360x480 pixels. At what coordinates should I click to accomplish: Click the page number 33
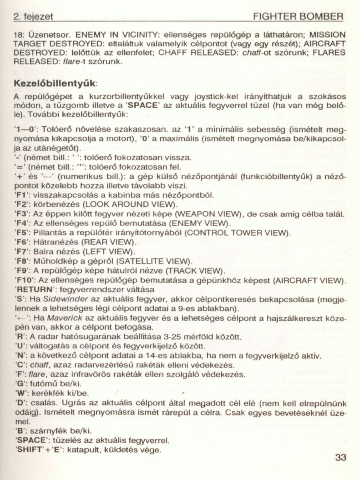click(340, 457)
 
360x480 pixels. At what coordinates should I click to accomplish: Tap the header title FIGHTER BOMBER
click(298, 16)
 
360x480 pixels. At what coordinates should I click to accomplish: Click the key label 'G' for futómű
click(20, 382)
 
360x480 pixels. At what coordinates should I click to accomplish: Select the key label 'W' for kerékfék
click(21, 392)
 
